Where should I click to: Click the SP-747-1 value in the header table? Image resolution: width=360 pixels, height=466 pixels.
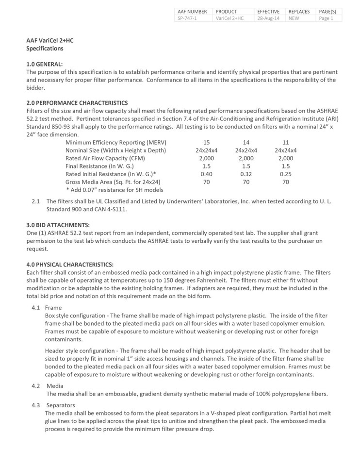187,18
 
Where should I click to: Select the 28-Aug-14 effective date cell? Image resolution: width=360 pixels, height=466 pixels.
268,18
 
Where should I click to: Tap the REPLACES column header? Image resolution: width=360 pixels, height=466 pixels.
299,12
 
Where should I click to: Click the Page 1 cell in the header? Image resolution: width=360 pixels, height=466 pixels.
326,18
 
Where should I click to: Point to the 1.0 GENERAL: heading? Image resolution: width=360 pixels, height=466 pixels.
44,65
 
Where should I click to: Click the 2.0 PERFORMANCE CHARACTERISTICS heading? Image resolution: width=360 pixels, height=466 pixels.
77,103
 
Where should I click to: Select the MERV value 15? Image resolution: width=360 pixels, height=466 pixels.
206,142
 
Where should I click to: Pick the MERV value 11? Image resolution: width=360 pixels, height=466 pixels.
286,142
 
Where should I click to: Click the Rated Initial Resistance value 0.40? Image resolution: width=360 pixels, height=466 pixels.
206,174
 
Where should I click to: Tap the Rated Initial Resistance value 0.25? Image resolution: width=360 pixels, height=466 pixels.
286,174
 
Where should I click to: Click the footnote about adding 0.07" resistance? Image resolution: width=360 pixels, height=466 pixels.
115,190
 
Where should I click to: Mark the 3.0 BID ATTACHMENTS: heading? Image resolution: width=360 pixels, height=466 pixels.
58,225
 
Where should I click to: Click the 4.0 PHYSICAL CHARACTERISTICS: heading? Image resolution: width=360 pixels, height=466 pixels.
70,265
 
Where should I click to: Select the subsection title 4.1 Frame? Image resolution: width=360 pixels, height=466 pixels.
47,308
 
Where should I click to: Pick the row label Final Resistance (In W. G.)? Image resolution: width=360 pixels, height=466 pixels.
100,166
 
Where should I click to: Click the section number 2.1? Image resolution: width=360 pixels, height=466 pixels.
35,201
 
